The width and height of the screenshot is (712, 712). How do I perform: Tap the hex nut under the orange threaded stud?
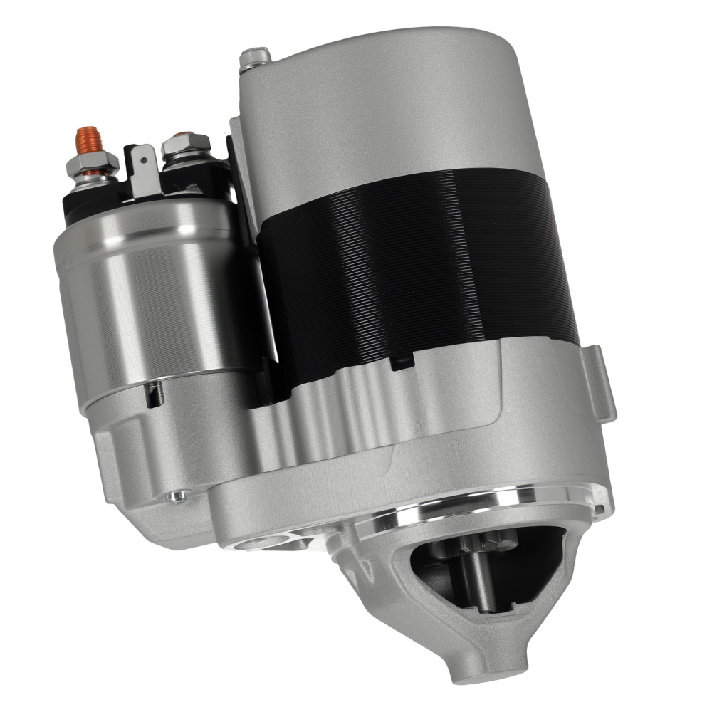click(92, 164)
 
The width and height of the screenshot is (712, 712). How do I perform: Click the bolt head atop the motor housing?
click(255, 57)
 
